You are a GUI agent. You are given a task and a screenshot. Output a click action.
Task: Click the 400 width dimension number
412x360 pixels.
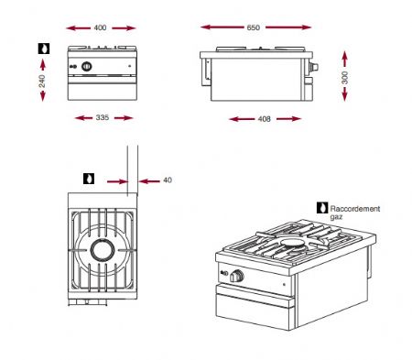[101, 27]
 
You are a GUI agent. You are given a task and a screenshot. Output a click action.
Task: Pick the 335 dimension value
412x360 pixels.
[102, 118]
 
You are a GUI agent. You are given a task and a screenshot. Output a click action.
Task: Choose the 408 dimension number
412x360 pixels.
[265, 119]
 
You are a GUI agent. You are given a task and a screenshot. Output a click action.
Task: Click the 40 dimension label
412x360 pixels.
[168, 180]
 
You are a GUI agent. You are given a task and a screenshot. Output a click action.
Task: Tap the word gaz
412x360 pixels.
[337, 218]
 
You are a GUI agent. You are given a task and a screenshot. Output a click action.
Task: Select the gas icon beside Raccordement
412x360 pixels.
[321, 208]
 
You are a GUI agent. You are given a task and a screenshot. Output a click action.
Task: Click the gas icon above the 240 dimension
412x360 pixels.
[42, 47]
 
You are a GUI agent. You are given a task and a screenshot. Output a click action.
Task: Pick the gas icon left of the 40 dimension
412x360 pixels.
[89, 178]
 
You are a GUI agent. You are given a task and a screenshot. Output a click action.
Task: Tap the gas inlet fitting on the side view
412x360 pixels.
[317, 69]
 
